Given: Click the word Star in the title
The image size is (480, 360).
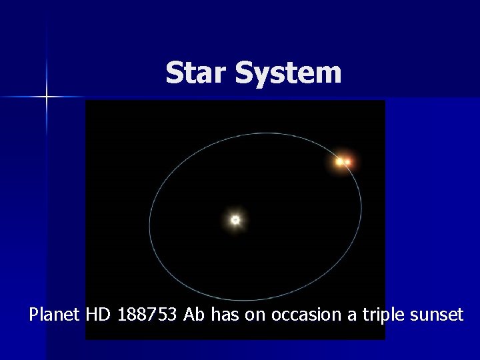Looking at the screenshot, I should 197,73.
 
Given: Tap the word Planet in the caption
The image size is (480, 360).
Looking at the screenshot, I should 55,314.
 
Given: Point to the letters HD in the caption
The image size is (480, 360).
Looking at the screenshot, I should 100,314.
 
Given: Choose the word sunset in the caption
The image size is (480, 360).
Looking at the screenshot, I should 437,314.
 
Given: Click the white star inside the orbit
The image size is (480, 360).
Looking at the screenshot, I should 235,219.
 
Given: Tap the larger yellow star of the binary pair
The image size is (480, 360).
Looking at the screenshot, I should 340,161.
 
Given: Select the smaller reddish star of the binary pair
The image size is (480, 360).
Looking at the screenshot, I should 348,162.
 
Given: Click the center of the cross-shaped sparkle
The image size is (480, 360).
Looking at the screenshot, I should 47,97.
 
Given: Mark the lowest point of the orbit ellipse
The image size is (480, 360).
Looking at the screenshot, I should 260,301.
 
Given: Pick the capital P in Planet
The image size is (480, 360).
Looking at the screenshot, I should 34,314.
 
